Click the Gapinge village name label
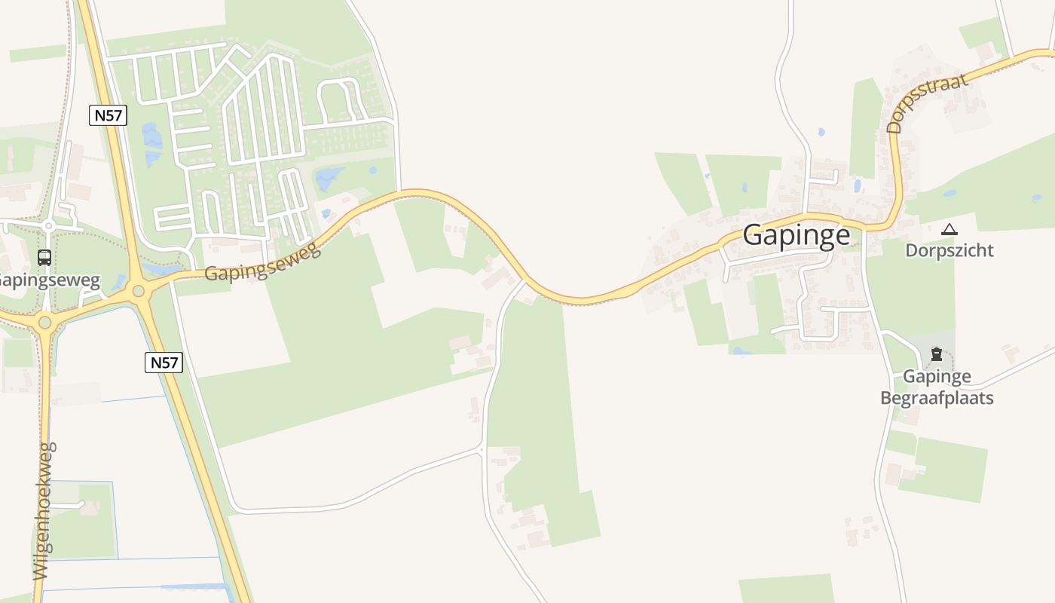pos(797,235)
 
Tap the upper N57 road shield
pos(109,115)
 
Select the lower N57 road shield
pos(164,363)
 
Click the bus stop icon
pos(44,258)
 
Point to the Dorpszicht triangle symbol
pos(949,229)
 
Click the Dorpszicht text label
pos(949,250)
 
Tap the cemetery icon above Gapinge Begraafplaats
pos(936,354)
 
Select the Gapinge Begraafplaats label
pos(937,387)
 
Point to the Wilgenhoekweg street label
pos(44,510)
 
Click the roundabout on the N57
pos(139,290)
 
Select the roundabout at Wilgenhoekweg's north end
pos(44,323)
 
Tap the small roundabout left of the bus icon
pos(49,225)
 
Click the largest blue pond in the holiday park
pos(329,179)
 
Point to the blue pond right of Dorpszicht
pos(1037,197)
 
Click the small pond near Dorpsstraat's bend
pos(857,185)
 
